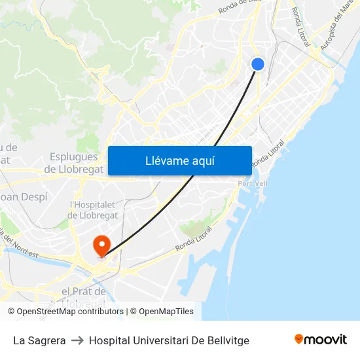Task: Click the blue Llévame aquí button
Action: tap(179, 160)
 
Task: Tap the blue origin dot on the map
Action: tap(258, 63)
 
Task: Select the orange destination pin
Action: tap(101, 245)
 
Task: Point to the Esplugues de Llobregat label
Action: tap(73, 163)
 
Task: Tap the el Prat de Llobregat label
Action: tap(83, 297)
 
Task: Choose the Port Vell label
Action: tap(253, 184)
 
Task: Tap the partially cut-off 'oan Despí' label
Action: tap(23, 196)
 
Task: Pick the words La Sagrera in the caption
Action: tap(39, 340)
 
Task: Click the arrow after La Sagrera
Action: tap(77, 340)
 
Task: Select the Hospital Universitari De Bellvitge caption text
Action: tap(169, 340)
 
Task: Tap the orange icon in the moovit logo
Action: tap(299, 339)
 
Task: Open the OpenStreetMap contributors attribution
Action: tap(69, 312)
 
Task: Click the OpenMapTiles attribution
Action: tap(166, 312)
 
